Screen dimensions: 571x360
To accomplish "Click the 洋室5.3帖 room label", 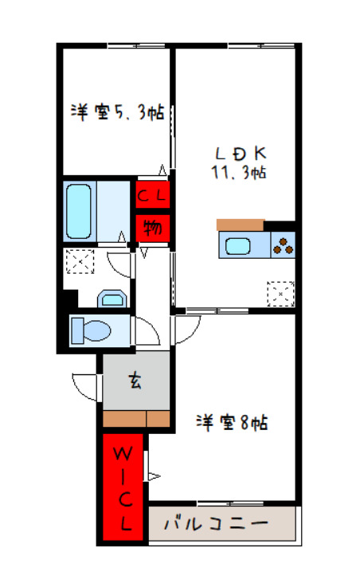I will pyautogui.click(x=117, y=113).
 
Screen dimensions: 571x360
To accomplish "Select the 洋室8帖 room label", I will pyautogui.click(x=232, y=422).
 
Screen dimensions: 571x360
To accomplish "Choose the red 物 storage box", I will pyautogui.click(x=151, y=228).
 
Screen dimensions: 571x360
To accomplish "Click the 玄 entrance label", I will pyautogui.click(x=135, y=381).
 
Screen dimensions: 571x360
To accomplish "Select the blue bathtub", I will pyautogui.click(x=80, y=210).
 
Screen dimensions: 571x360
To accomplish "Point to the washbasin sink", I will pyautogui.click(x=111, y=299).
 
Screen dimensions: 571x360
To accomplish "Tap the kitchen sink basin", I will pyautogui.click(x=239, y=246).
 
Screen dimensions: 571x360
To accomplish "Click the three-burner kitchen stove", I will pyautogui.click(x=283, y=246).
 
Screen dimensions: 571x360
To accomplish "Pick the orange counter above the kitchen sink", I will pyautogui.click(x=240, y=224).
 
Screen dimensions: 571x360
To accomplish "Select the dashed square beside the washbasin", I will pyautogui.click(x=80, y=261).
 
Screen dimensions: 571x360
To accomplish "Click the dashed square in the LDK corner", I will pyautogui.click(x=281, y=294).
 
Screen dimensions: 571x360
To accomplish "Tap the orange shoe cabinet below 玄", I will pyautogui.click(x=136, y=418).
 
